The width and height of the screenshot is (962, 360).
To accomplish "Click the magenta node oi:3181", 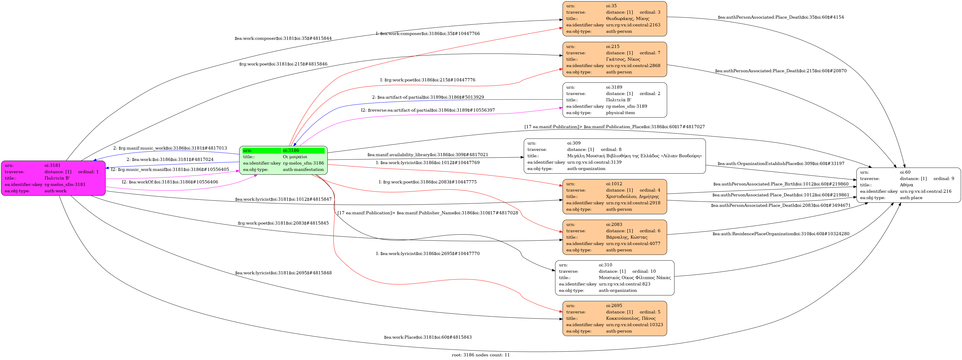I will tap(53, 178).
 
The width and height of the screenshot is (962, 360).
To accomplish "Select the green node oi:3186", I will tap(283, 160).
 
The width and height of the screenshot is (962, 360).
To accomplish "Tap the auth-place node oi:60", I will tap(908, 185).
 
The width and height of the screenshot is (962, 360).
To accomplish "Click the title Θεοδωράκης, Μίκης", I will tap(627, 19).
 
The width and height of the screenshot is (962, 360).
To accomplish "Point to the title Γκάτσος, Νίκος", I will tap(623, 59).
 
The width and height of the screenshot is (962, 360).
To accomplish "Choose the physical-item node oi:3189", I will tap(614, 100).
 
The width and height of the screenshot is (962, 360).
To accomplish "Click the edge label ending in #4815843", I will tap(428, 337).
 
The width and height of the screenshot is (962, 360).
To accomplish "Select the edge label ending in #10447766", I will tap(428, 34).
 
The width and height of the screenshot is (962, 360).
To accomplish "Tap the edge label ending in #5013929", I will tap(428, 97).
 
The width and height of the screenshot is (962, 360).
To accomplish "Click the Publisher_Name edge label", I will tap(428, 213).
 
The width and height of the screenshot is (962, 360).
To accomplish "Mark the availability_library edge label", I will tap(428, 155).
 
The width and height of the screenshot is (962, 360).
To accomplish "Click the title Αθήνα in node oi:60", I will tap(906, 185).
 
